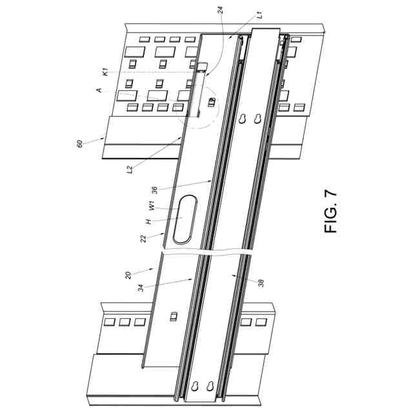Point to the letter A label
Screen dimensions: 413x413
(x=99, y=92)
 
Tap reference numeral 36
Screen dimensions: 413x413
(x=153, y=190)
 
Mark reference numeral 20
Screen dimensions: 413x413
(x=128, y=274)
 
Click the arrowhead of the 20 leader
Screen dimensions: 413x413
(x=152, y=265)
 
